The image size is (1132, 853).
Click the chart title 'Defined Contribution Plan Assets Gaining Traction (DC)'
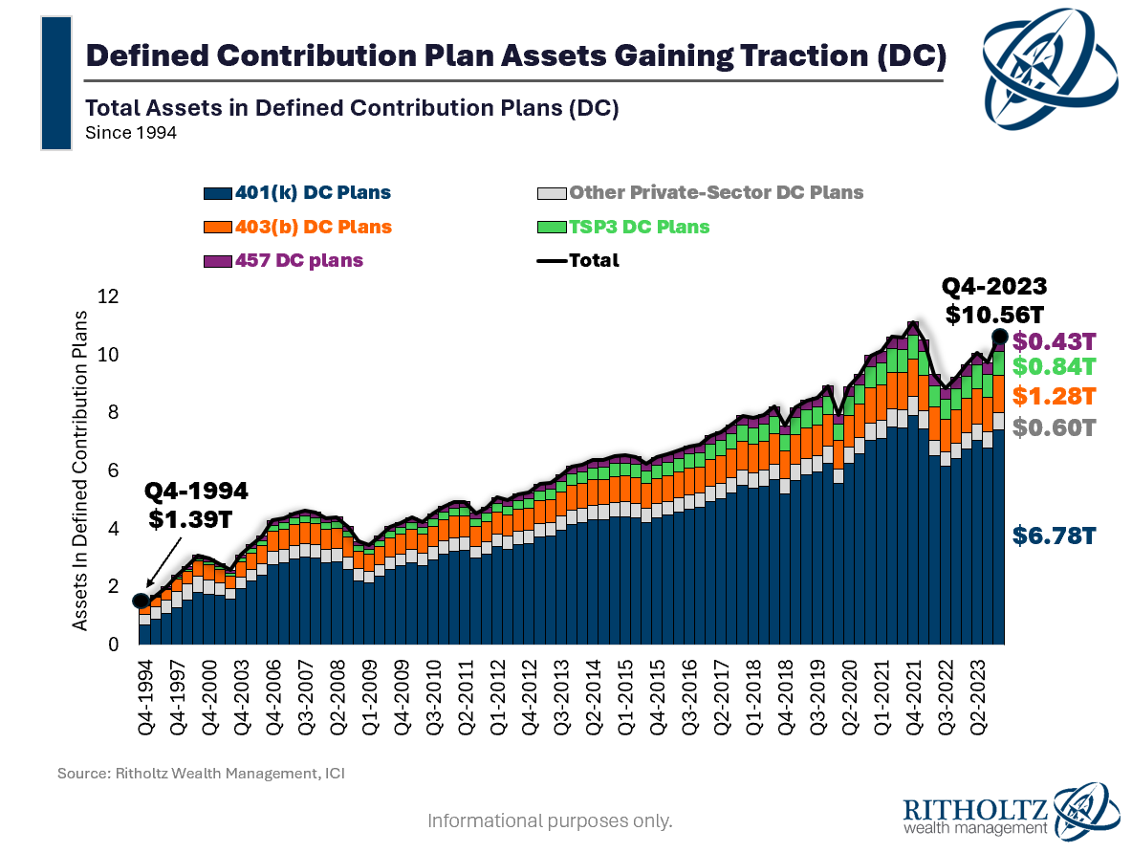tap(516, 55)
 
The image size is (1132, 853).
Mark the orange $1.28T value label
tap(1053, 395)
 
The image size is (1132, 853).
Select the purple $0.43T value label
tap(1053, 340)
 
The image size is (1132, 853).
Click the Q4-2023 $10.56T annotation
tap(994, 301)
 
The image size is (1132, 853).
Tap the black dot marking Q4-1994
tap(141, 601)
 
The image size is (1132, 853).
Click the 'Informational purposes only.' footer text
tap(550, 820)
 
